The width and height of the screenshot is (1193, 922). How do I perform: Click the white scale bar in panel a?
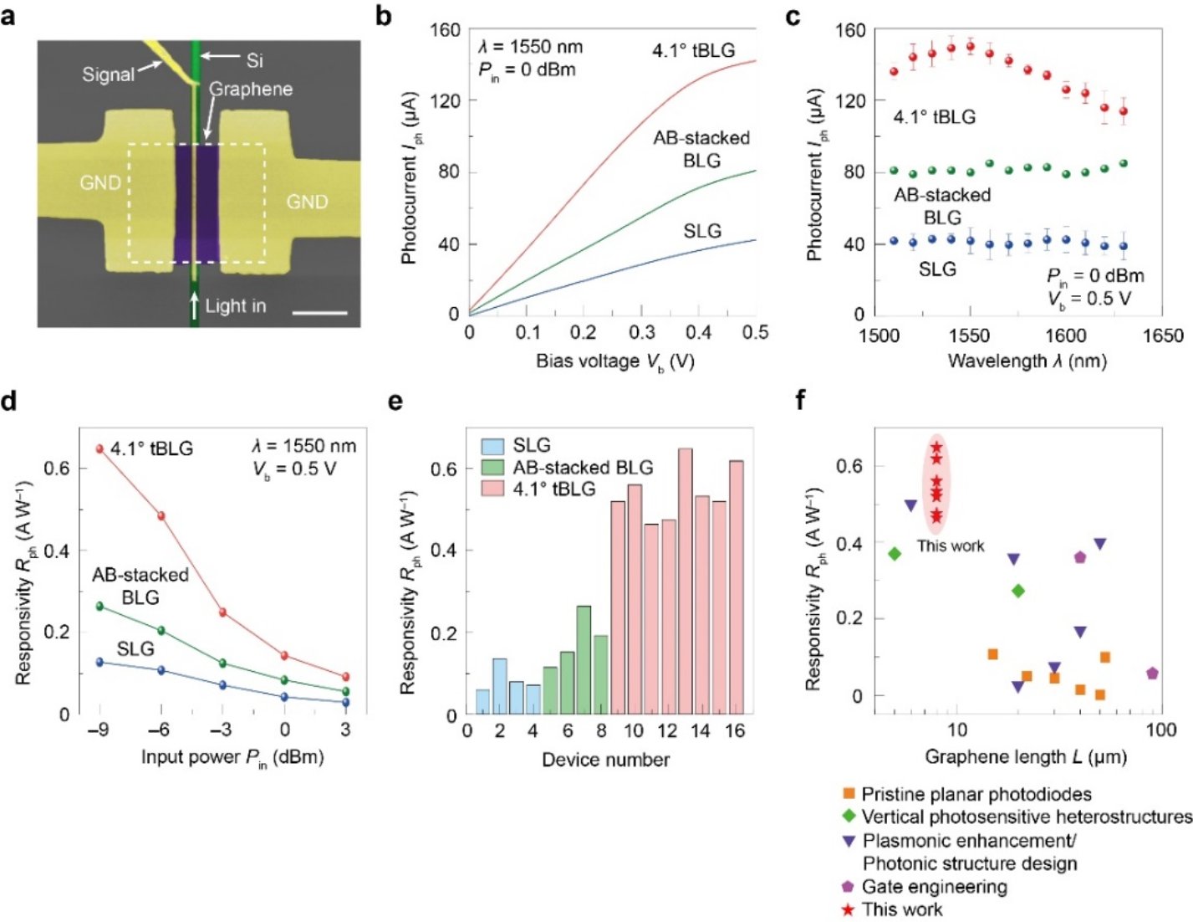(x=320, y=313)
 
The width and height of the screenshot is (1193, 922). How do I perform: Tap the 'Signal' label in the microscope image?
(x=108, y=74)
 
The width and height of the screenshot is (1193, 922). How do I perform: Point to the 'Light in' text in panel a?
(x=235, y=306)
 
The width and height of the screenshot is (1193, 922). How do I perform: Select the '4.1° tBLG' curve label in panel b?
(x=693, y=51)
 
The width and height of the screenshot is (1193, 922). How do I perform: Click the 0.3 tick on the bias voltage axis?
(x=642, y=332)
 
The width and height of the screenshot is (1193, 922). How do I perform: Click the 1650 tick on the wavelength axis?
(x=1162, y=336)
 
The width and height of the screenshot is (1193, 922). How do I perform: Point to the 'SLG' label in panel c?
(x=937, y=269)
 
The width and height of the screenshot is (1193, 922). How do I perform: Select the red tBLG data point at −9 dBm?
(x=99, y=449)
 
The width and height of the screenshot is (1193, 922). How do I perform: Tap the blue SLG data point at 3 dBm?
(x=345, y=702)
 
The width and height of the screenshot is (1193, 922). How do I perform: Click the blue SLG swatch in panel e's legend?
(x=492, y=446)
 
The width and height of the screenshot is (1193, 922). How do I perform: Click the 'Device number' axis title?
(x=605, y=760)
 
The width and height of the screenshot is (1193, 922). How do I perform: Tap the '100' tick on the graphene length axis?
(x=1160, y=730)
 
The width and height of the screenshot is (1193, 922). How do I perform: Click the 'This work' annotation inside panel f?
(x=951, y=546)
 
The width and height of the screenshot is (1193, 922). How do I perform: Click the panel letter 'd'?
(x=9, y=402)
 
